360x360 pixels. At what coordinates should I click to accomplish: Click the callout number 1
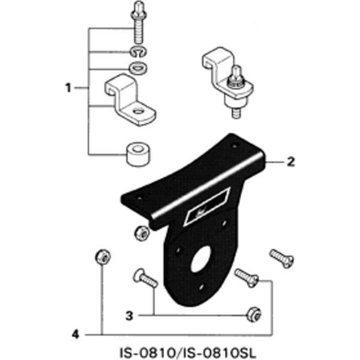(x=68, y=88)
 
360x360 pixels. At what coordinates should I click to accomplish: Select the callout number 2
(x=290, y=161)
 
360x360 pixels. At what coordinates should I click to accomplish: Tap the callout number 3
(x=129, y=314)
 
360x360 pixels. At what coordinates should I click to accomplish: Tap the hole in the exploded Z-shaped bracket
(x=139, y=111)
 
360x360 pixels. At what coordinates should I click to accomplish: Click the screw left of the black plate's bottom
(x=144, y=278)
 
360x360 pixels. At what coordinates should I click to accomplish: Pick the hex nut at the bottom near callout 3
(x=253, y=312)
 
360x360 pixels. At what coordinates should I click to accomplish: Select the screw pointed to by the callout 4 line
(x=247, y=277)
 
